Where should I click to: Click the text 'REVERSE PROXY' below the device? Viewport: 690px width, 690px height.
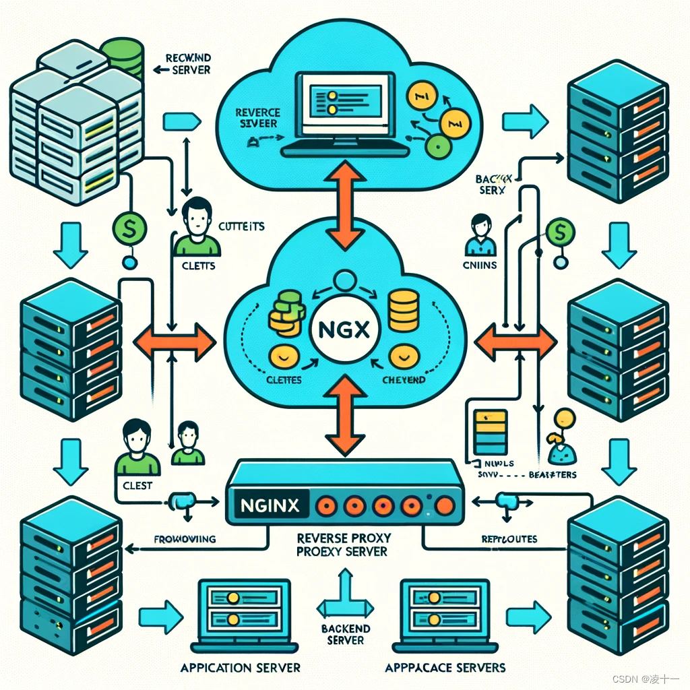(x=345, y=538)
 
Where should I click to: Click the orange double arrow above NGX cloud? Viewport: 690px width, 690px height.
(x=345, y=208)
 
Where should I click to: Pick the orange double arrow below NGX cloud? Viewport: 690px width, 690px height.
(x=345, y=415)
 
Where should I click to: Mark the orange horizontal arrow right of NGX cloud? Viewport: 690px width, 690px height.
(x=516, y=342)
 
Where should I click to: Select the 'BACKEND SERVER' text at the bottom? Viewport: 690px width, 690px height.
(x=346, y=634)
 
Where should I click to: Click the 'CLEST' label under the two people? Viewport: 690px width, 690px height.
(x=137, y=485)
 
